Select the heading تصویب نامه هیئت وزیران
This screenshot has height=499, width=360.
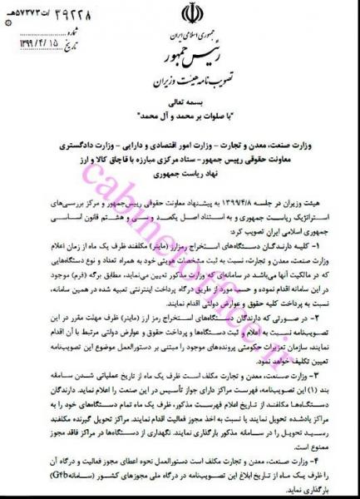pos(180,82)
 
